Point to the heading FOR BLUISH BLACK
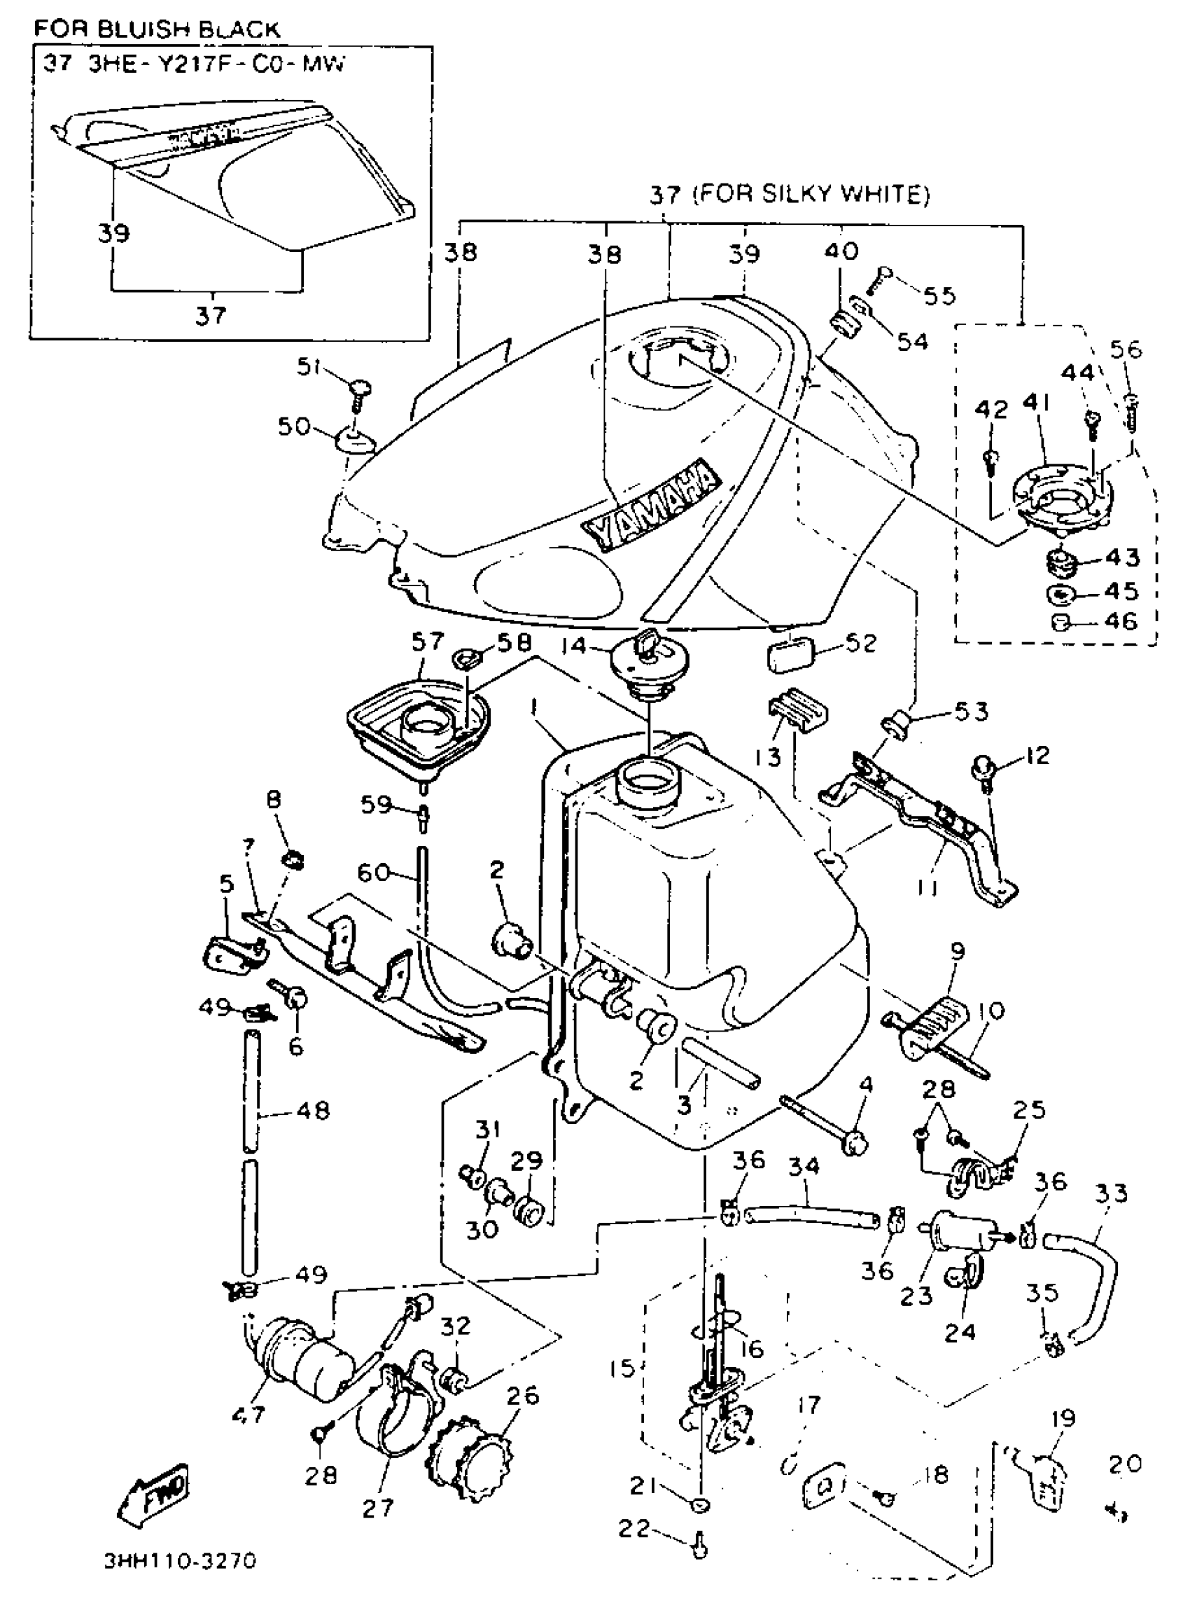[157, 29]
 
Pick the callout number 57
[428, 642]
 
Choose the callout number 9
[957, 952]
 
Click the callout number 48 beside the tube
[312, 1110]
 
